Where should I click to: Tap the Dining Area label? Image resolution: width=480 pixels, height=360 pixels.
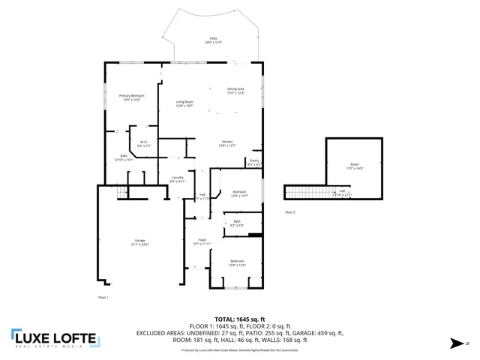235,91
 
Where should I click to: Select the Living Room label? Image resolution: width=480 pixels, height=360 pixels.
185,103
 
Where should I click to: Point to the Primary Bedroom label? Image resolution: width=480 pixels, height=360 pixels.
132,97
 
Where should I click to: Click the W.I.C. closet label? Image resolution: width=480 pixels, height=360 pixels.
142,143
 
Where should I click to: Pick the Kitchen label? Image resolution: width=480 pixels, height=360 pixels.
228,144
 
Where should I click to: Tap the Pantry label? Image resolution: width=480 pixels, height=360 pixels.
254,161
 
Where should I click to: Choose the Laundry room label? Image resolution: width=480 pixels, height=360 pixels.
177,179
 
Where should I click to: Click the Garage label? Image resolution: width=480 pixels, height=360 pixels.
140,242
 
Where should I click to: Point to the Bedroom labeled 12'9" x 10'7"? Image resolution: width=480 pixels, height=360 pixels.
239,193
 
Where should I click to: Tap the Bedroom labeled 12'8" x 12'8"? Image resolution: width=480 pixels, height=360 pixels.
237,262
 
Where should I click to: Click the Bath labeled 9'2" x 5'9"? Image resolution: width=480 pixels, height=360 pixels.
237,223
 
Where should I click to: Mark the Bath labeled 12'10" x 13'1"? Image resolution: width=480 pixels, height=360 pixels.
123,157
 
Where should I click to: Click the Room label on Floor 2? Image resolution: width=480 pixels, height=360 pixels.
355,166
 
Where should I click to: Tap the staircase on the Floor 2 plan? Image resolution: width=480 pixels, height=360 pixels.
303,193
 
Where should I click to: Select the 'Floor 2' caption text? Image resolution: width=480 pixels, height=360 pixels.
290,213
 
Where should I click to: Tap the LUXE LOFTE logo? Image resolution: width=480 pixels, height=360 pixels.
54,340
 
